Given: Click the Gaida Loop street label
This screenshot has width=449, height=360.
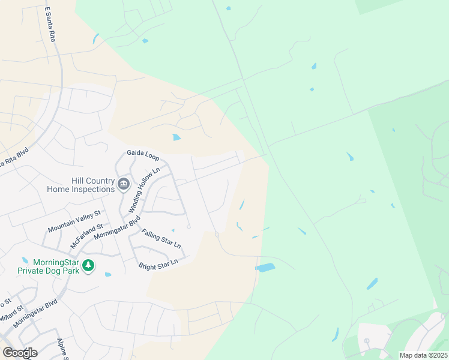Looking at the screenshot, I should tap(143, 157).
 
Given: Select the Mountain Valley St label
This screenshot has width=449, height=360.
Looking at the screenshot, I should tap(74, 221).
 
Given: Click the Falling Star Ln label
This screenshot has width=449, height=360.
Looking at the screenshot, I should tap(160, 238).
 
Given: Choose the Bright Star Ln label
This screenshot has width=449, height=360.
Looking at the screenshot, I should tap(158, 263).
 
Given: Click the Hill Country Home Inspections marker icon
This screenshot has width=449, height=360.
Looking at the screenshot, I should tap(124, 184).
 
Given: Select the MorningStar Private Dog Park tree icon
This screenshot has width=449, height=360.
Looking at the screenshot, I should tap(88, 265).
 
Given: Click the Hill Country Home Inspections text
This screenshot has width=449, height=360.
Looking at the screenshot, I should tap(80, 185).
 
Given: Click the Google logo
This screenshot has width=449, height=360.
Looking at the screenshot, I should tap(20, 352).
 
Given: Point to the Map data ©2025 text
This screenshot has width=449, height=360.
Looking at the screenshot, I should tap(423, 355).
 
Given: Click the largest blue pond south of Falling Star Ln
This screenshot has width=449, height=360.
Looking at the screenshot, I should tap(265, 267).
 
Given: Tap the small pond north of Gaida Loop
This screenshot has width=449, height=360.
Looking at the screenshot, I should tap(176, 137).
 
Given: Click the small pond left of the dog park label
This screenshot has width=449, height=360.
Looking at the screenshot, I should tap(25, 260).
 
